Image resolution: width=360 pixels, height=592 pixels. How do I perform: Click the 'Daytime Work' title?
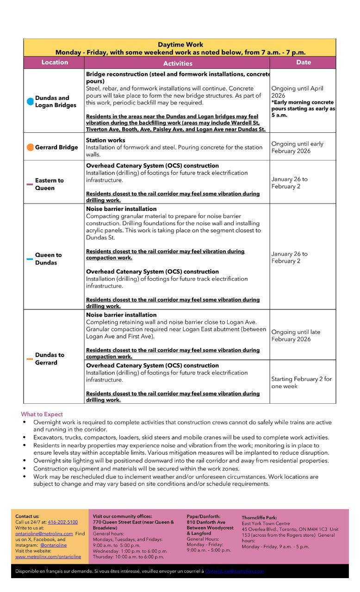(x=180, y=45)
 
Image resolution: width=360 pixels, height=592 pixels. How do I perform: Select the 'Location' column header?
(x=55, y=62)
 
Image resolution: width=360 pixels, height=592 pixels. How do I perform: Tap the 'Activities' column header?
(x=178, y=63)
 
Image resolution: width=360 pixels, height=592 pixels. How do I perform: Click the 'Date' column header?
(x=304, y=62)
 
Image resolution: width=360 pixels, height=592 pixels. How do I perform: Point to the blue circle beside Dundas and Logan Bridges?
(x=30, y=101)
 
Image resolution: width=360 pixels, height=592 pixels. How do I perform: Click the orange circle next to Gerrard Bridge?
(x=30, y=147)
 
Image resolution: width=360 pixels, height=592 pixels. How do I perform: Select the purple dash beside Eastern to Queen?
(x=30, y=184)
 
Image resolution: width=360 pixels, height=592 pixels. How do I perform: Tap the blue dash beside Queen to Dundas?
(x=30, y=259)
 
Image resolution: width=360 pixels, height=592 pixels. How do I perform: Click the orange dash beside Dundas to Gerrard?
(x=30, y=359)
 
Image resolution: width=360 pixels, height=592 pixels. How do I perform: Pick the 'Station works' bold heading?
(x=106, y=140)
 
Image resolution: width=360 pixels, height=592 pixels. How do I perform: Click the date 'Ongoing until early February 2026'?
(x=297, y=148)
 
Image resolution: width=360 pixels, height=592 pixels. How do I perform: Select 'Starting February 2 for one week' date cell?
(x=301, y=382)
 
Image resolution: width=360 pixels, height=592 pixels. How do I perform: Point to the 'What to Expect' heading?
(x=42, y=414)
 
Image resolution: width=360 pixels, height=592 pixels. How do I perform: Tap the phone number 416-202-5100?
(x=63, y=522)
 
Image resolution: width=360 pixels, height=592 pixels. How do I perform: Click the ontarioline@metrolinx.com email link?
(x=44, y=534)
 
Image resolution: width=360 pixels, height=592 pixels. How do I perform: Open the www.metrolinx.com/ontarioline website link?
(x=48, y=557)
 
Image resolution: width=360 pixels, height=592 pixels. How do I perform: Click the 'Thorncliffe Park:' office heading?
(x=259, y=518)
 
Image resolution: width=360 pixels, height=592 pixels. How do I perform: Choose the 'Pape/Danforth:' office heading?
(x=204, y=516)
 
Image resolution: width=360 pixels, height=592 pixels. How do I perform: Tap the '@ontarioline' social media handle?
(x=53, y=545)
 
